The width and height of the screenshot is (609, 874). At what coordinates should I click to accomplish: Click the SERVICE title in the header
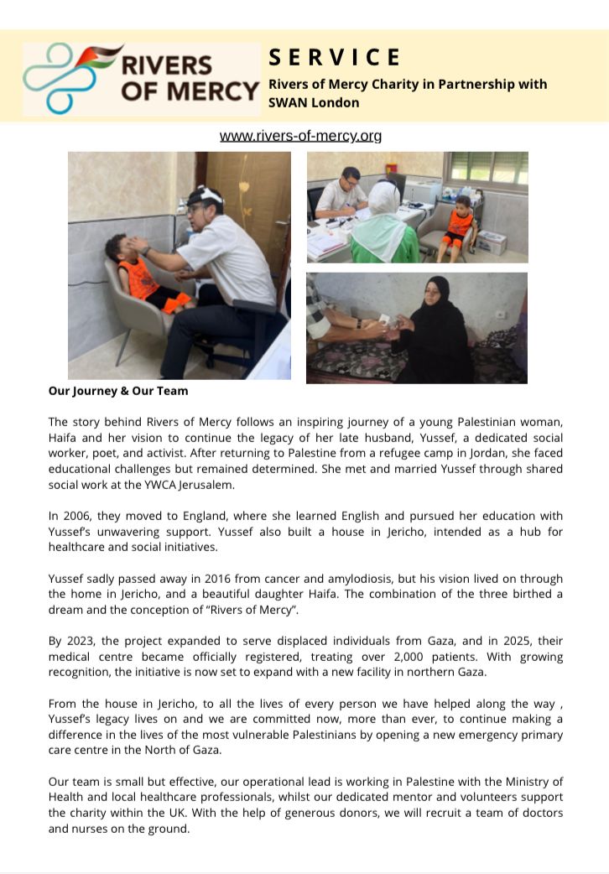[x=335, y=57]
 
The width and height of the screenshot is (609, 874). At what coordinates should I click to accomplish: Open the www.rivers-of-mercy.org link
[x=300, y=136]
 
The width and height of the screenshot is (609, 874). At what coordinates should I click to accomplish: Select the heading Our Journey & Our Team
[x=117, y=391]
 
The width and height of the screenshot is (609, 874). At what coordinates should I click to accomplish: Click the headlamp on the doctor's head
[x=204, y=195]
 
